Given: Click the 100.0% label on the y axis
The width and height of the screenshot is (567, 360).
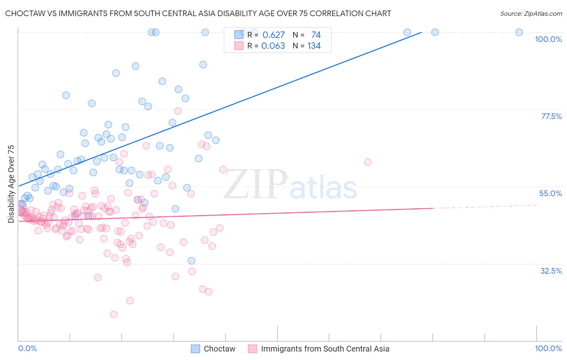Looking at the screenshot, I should [548, 39].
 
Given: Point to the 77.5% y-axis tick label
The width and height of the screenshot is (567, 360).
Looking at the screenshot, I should [551, 116].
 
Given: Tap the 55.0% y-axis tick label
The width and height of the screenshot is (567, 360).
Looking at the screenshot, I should [550, 193].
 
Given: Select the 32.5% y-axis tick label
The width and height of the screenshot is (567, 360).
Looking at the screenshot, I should [551, 271].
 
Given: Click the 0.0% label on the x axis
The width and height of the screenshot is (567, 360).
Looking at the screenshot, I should [27, 348].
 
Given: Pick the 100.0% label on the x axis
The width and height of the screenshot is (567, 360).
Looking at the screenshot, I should [548, 348].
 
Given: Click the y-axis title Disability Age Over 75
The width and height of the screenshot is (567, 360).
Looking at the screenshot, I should [11, 184].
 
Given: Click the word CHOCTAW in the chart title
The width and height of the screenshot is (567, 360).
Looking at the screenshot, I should [23, 13].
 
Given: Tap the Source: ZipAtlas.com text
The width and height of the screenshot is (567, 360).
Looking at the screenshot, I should [531, 13].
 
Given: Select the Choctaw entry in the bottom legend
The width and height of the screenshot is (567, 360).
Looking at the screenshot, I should [219, 349].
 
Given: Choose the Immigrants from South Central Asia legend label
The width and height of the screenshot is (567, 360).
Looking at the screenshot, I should [325, 349].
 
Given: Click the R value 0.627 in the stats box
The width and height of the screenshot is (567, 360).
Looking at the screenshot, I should [273, 35].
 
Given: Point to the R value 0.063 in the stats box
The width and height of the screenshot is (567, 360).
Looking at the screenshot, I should [273, 46].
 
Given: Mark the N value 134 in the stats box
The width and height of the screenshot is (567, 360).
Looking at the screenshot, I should [314, 46].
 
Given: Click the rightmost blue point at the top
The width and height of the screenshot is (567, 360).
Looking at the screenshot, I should [519, 32].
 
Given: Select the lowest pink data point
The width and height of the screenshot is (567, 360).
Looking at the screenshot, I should [114, 314].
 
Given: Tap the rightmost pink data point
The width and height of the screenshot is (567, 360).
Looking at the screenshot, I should [368, 162].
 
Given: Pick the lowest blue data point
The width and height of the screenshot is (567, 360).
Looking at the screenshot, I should [192, 261].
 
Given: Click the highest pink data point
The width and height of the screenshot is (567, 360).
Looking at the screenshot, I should [178, 111].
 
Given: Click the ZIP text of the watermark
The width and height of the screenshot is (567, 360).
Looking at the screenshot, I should [255, 184].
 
